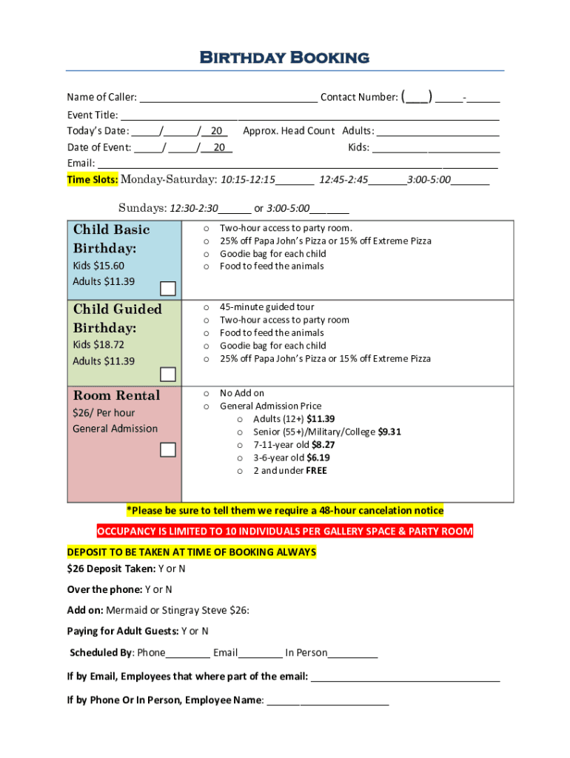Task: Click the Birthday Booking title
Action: (285, 57)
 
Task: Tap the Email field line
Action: (297, 164)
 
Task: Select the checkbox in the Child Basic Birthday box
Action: (168, 289)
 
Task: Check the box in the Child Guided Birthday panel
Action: (168, 375)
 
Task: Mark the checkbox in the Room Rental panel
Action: (168, 450)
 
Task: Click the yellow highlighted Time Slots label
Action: (92, 180)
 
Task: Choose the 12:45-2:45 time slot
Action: (343, 180)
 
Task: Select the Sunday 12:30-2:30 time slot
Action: (194, 209)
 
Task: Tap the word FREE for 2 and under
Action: (316, 471)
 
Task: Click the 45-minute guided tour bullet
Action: (266, 307)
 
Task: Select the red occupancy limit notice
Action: (285, 531)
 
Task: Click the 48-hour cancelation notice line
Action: (285, 511)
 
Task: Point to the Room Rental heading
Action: (116, 395)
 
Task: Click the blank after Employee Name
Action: (327, 700)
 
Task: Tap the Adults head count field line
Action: (437, 131)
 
